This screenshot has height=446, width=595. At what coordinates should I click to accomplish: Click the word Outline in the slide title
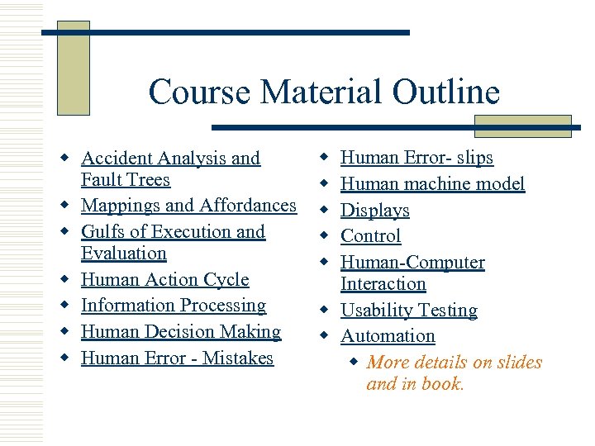coord(446,92)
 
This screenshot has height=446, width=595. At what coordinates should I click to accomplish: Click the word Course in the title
coord(199,92)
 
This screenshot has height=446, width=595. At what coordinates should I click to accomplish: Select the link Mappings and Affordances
coord(188,206)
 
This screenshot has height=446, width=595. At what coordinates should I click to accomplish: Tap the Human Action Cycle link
coord(164,280)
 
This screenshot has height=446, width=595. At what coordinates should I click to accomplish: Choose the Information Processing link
coord(174,306)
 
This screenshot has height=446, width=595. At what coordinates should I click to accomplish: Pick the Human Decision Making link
coord(181,332)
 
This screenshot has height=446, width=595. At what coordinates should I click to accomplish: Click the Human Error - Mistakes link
coord(177,358)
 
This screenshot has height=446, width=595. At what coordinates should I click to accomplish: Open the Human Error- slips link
coord(416,158)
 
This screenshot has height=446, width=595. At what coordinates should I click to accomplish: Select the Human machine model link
coord(432,184)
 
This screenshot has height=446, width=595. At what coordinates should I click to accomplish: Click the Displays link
coord(375,211)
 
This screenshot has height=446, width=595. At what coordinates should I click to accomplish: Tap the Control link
coord(370,236)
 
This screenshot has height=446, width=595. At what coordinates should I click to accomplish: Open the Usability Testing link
coord(409,311)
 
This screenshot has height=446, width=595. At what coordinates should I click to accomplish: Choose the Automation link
coord(388,336)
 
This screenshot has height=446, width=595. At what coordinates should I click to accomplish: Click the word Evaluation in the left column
coord(124,254)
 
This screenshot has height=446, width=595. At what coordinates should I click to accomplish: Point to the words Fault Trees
coord(126,180)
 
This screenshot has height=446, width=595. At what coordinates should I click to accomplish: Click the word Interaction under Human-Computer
coord(383,284)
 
